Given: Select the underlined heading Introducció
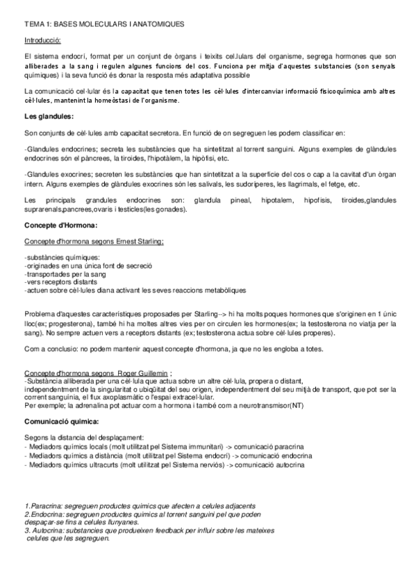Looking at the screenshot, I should pyautogui.click(x=42, y=41).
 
